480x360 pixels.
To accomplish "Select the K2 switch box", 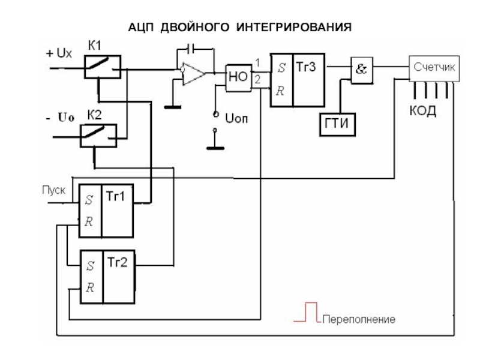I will (99, 136).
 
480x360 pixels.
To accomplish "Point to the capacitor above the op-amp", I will (191, 48).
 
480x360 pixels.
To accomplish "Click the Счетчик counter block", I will (434, 69).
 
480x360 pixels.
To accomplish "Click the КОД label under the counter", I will (424, 112).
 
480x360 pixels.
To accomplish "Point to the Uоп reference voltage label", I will (236, 118).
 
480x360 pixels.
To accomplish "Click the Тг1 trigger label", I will (116, 196).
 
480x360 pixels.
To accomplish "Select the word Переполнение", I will (359, 319).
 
